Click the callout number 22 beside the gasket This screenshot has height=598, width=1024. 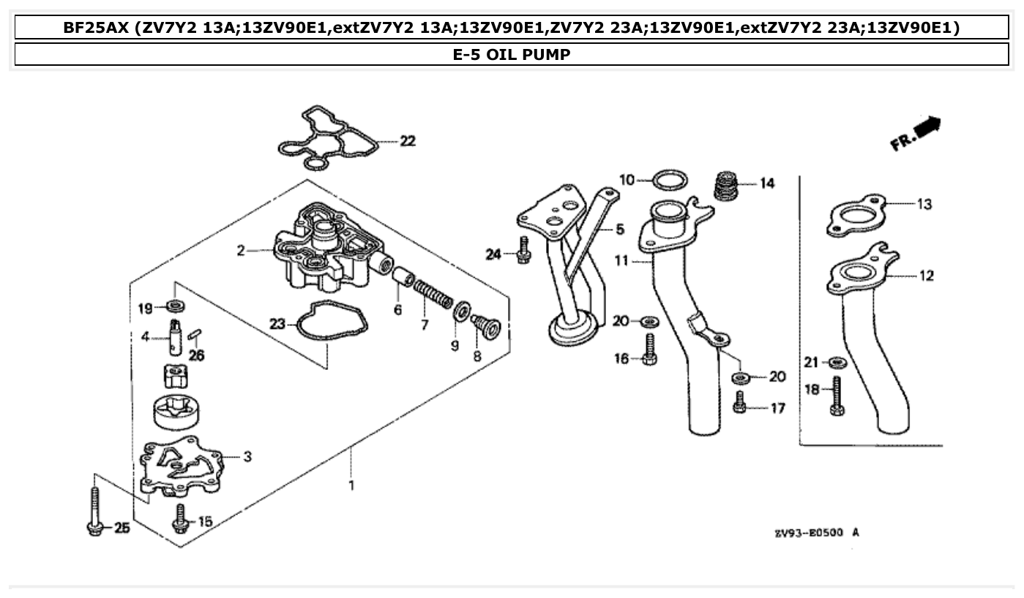(x=408, y=141)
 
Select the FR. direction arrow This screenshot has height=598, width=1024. (x=916, y=133)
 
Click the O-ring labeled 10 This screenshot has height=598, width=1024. (x=669, y=178)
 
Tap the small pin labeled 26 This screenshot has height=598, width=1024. (x=195, y=336)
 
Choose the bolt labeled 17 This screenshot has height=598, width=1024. (x=739, y=402)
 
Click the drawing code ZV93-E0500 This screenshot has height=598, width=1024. (x=810, y=533)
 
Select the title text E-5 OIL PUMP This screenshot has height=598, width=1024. (x=512, y=54)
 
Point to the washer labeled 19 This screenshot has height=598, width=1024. (x=176, y=304)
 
